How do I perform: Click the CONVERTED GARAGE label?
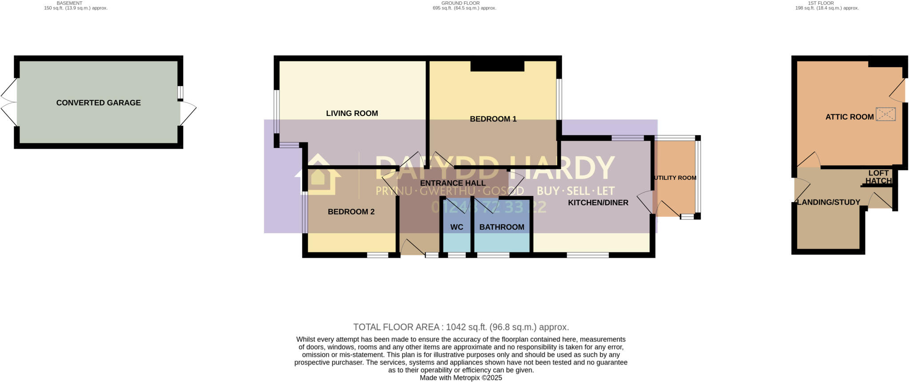(x=98, y=103)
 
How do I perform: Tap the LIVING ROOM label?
(x=352, y=113)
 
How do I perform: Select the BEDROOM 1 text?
(x=493, y=119)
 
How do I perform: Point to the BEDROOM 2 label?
(x=351, y=212)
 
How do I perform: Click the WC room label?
(x=456, y=227)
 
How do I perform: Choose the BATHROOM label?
(x=502, y=227)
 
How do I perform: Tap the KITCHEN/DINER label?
(x=598, y=203)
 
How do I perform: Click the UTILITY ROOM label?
(x=675, y=178)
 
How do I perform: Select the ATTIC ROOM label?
(x=849, y=117)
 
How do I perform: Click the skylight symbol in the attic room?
(x=885, y=114)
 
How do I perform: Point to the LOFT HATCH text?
(x=878, y=177)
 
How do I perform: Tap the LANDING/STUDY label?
(x=828, y=202)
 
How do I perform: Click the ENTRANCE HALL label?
(x=452, y=183)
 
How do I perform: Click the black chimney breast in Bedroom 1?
(x=497, y=66)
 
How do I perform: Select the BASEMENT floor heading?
(x=69, y=3)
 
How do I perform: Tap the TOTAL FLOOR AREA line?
(x=461, y=327)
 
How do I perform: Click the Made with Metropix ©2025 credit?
(x=461, y=378)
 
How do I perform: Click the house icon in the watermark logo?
(x=318, y=175)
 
